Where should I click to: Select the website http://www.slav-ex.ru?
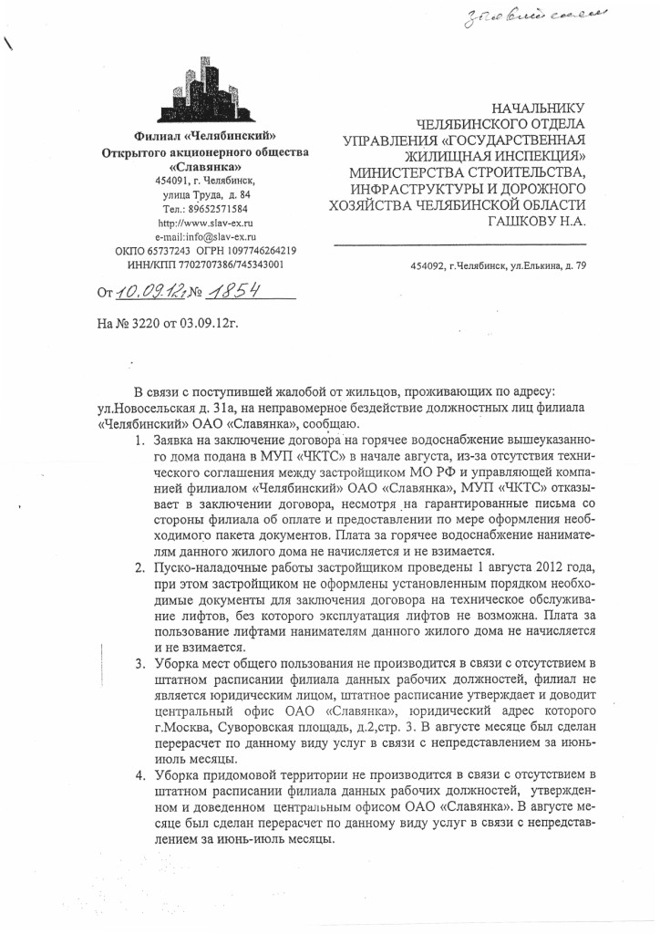click(205, 223)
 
